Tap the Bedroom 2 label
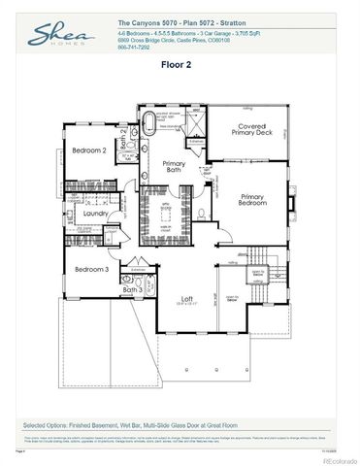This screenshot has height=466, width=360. (88, 150)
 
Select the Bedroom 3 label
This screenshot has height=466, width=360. (92, 268)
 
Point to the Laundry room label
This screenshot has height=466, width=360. (95, 213)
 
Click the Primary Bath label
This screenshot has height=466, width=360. (175, 167)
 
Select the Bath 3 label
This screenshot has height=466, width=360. (133, 289)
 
